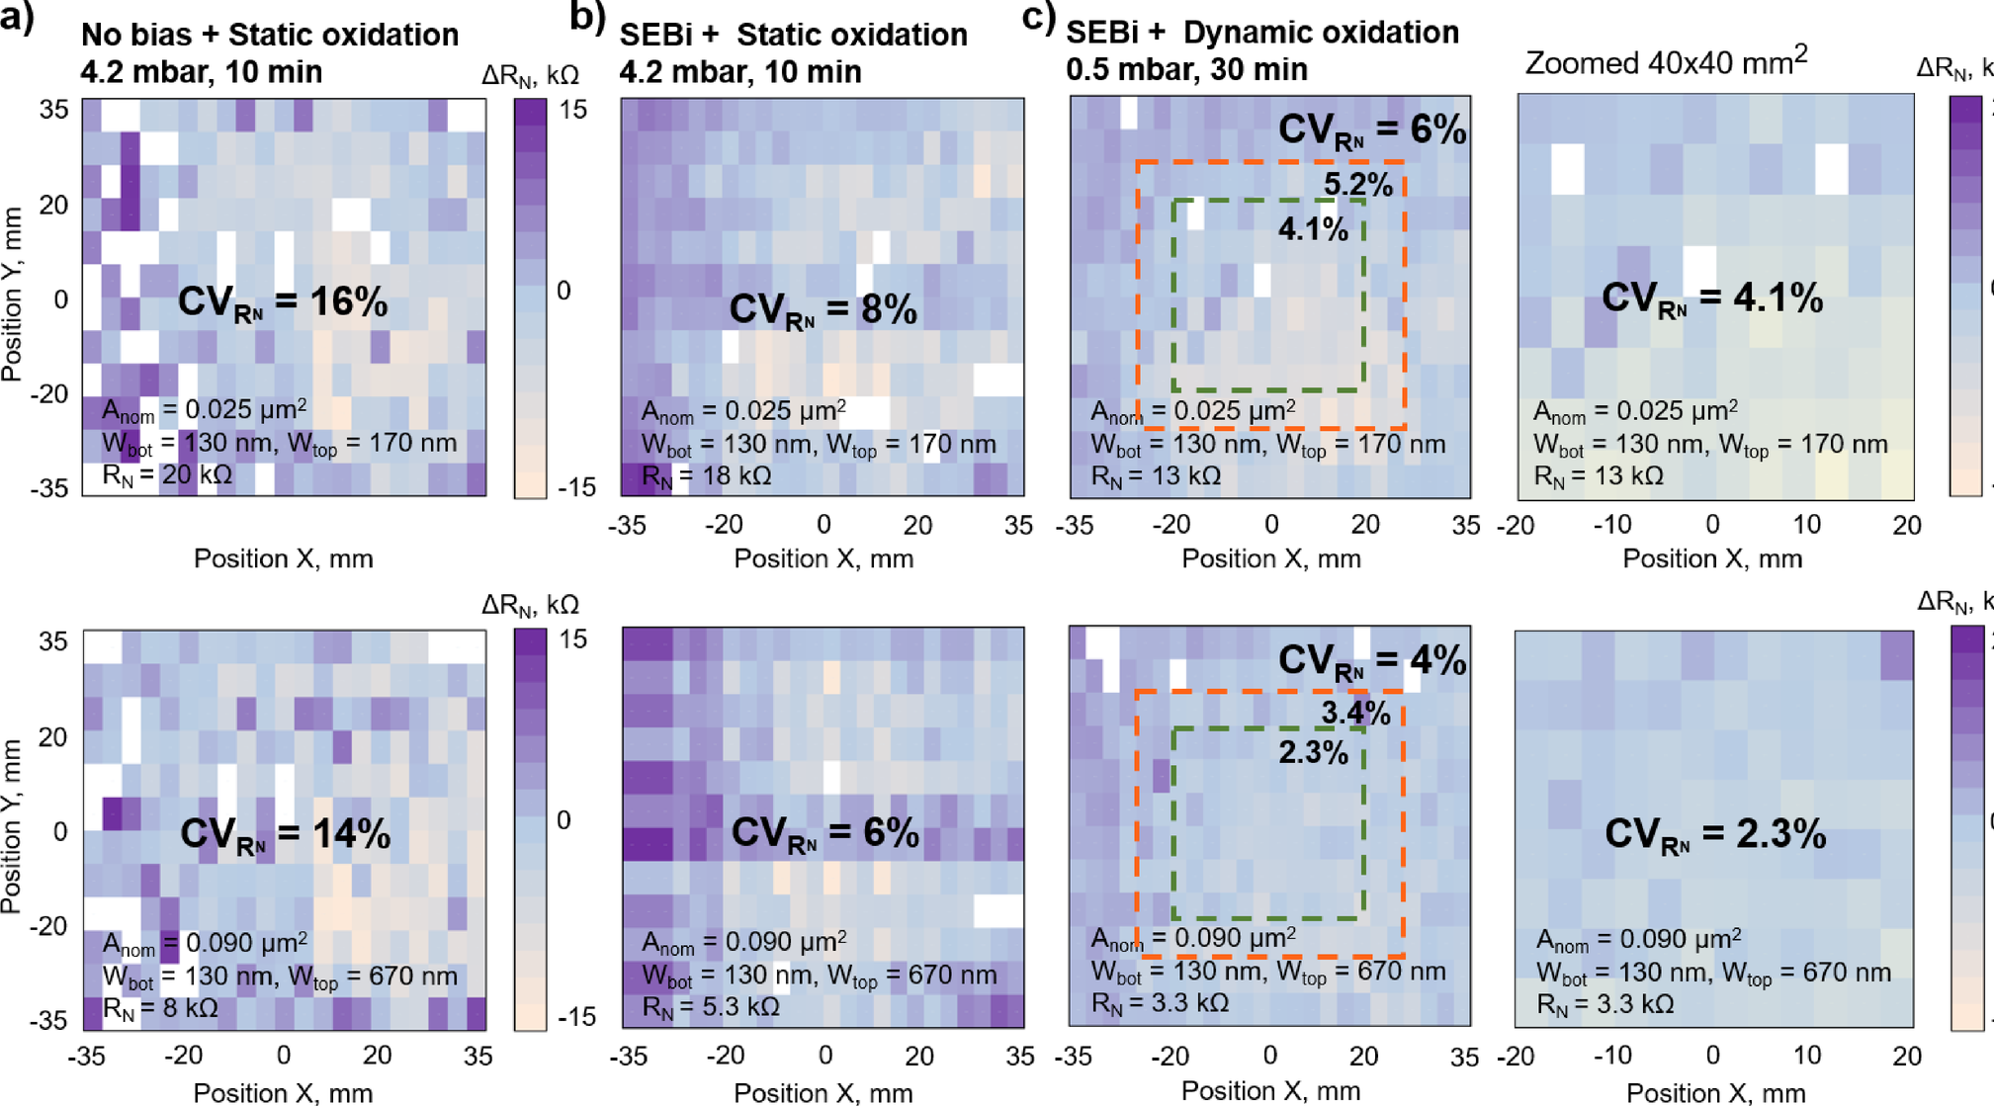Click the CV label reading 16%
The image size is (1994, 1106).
point(283,302)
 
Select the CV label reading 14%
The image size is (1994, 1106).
point(285,834)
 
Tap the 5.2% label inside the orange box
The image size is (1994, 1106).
point(1357,184)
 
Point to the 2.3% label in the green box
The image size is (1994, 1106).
point(1313,753)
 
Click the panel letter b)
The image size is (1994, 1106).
point(587,18)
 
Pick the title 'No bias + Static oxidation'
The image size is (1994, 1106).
point(270,35)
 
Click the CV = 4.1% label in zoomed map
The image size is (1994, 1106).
point(1712,298)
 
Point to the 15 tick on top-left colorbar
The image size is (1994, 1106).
point(572,110)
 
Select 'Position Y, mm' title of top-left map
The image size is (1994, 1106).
point(13,294)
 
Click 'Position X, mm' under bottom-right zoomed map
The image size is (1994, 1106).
point(1715,1092)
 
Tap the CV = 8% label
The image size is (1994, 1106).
point(823,310)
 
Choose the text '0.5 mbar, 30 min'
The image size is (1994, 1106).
point(1186,70)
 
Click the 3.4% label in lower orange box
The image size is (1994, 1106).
point(1355,714)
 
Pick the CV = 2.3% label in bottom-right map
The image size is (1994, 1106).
point(1714,834)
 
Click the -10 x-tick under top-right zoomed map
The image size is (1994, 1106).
point(1612,525)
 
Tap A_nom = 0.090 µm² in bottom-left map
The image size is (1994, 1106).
point(206,943)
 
